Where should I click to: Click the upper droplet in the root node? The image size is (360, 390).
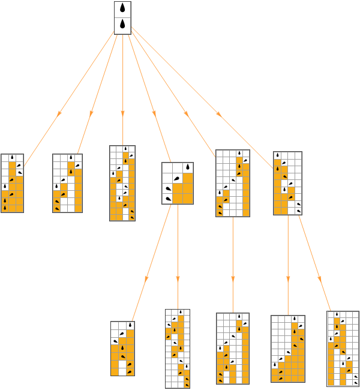pyautogui.click(x=122, y=9)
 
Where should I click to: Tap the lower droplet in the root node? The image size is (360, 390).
pyautogui.click(x=122, y=25)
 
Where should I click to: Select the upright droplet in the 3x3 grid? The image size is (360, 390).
pyautogui.click(x=188, y=167)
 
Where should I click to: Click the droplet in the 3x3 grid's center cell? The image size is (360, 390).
pyautogui.click(x=177, y=178)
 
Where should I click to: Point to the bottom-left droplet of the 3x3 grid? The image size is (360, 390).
pyautogui.click(x=167, y=199)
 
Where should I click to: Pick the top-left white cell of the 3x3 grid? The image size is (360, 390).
pyautogui.click(x=167, y=168)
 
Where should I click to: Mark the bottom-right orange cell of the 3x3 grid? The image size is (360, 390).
pyautogui.click(x=188, y=199)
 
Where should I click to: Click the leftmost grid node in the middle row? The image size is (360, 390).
pyautogui.click(x=12, y=183)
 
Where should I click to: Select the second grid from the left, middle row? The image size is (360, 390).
pyautogui.click(x=67, y=183)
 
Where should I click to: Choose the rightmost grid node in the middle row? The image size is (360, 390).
pyautogui.click(x=287, y=183)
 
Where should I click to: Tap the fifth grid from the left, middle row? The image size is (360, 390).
pyautogui.click(x=233, y=183)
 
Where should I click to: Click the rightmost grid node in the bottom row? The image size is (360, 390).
pyautogui.click(x=343, y=348)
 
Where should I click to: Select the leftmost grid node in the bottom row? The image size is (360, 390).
pyautogui.click(x=122, y=349)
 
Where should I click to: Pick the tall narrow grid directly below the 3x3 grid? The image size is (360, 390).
pyautogui.click(x=178, y=349)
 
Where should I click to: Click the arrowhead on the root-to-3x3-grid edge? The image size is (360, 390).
pyautogui.click(x=154, y=113)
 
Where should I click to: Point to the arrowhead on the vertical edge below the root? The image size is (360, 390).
pyautogui.click(x=122, y=113)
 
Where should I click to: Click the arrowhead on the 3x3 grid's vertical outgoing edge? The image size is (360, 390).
pyautogui.click(x=178, y=279)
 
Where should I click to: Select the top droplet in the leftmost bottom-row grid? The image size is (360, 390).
pyautogui.click(x=130, y=325)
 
